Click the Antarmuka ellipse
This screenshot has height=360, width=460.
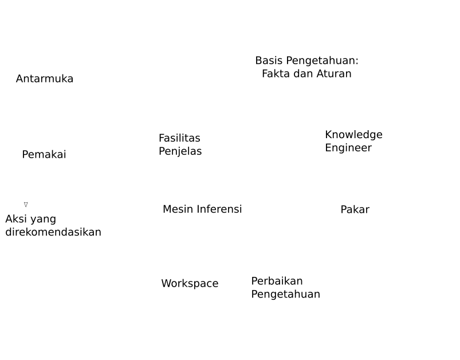(45, 79)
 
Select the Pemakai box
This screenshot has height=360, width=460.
(44, 154)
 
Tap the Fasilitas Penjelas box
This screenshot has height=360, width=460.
(180, 145)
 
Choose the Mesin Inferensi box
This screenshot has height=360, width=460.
(202, 209)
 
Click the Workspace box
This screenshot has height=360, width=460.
(190, 283)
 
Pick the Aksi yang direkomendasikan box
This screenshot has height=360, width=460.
(53, 225)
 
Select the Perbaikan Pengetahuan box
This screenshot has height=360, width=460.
(285, 288)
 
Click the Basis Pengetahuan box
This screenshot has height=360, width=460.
(306, 66)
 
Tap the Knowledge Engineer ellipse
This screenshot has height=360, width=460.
(353, 141)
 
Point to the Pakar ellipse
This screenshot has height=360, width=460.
(355, 209)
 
